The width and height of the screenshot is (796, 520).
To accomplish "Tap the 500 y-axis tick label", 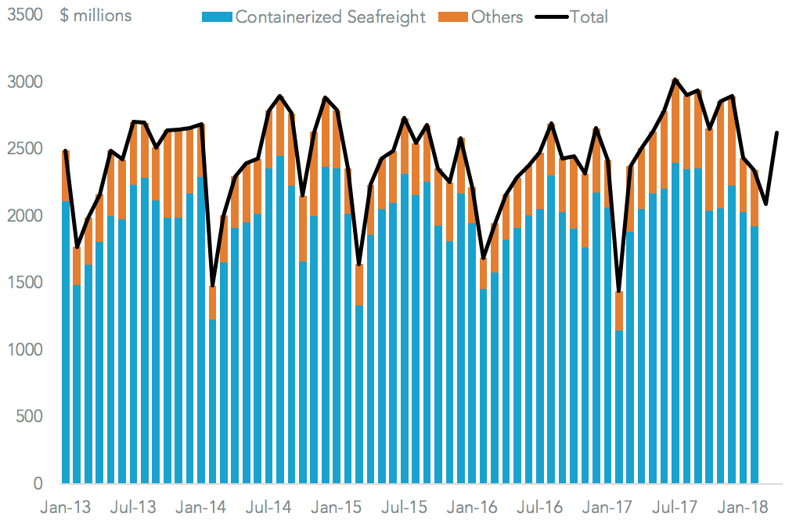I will tap(29, 417).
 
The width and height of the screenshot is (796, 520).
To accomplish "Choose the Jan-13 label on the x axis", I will tap(66, 507).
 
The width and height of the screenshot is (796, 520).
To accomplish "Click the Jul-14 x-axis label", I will tap(268, 507).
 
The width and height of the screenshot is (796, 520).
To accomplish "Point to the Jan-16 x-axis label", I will tap(471, 507).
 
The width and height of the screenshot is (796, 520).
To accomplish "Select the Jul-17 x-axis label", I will tap(674, 507).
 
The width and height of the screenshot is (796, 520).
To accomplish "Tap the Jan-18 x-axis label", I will tap(744, 507).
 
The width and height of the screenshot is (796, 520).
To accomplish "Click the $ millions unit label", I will tap(95, 16).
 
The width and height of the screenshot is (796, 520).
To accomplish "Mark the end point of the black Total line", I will tap(777, 132).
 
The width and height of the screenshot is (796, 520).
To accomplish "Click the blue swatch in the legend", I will tap(217, 17).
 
